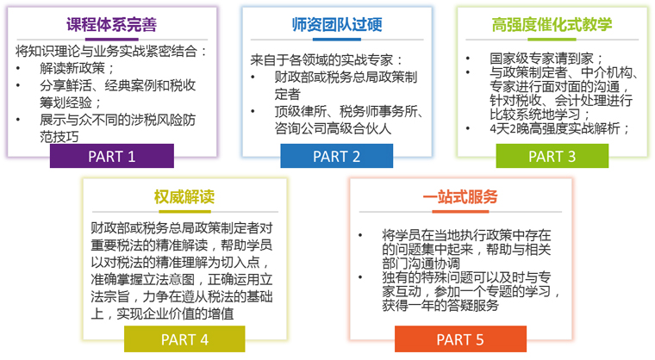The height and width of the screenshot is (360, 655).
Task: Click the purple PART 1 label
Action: click(x=111, y=156)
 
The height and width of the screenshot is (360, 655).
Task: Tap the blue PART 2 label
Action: click(x=336, y=156)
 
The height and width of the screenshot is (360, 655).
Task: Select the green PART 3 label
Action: click(x=552, y=156)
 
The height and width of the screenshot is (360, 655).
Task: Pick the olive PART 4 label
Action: click(x=184, y=339)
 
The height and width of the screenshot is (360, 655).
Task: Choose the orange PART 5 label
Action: click(x=460, y=339)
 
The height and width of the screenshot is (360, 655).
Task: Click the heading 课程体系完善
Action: click(x=111, y=25)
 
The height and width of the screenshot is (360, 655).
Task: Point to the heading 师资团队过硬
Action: click(x=337, y=25)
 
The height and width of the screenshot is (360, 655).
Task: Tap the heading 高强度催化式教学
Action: click(x=552, y=25)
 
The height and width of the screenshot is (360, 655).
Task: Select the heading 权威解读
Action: click(x=184, y=196)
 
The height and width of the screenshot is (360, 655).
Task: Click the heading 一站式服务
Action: click(x=460, y=196)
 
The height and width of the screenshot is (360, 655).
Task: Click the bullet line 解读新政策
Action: click(x=78, y=68)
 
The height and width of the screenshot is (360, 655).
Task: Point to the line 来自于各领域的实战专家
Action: click(x=327, y=60)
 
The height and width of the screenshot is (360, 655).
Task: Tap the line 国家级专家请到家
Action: click(x=546, y=58)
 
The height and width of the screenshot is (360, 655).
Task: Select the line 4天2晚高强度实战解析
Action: click(x=559, y=128)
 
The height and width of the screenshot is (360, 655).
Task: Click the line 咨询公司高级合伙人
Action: click(x=333, y=128)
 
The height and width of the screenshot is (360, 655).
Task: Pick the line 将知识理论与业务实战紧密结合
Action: click(x=111, y=51)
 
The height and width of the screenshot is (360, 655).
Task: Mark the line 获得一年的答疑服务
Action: click(x=440, y=305)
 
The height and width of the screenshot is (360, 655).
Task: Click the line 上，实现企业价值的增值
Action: click(x=163, y=313)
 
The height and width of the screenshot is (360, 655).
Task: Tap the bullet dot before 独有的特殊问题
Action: click(x=360, y=277)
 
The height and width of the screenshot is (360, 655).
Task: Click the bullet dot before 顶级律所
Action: click(x=253, y=111)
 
